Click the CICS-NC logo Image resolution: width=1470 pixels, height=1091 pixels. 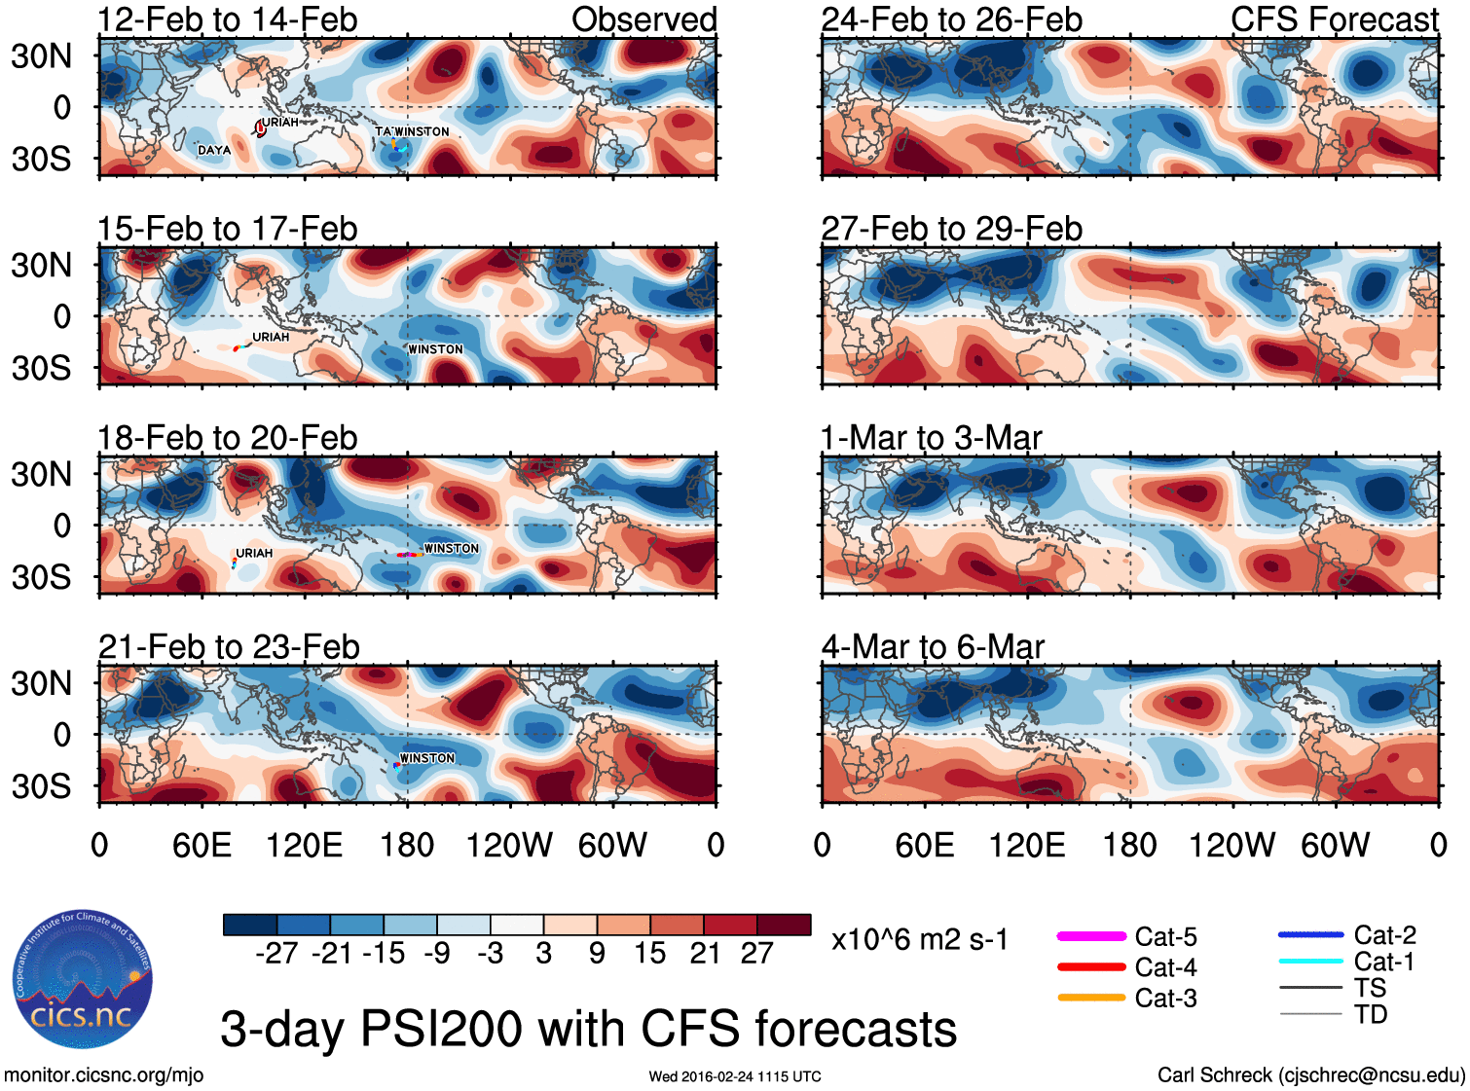83,979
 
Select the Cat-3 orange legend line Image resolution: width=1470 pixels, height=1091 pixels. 1090,998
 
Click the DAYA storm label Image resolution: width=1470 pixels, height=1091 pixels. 214,150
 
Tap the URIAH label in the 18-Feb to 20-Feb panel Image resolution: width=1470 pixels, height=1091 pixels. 254,553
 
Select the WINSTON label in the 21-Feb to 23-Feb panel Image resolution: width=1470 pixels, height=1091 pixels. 427,757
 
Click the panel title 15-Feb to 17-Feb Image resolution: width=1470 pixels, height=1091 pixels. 227,229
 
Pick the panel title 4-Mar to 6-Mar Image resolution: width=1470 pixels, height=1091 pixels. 933,647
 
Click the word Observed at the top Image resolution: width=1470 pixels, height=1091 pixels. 643,19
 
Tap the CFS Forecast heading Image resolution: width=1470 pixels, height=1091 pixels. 1334,19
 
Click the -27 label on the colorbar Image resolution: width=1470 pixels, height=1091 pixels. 276,953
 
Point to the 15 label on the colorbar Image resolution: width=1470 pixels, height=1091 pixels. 649,953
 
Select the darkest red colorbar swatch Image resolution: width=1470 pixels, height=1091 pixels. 784,925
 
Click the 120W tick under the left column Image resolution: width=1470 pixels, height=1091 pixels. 509,845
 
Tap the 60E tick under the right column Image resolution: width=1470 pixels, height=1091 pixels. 924,845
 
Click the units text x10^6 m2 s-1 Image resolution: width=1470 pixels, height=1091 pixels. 919,939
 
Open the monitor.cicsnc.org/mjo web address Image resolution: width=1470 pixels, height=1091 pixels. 104,1074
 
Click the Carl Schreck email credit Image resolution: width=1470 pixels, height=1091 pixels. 1310,1074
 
